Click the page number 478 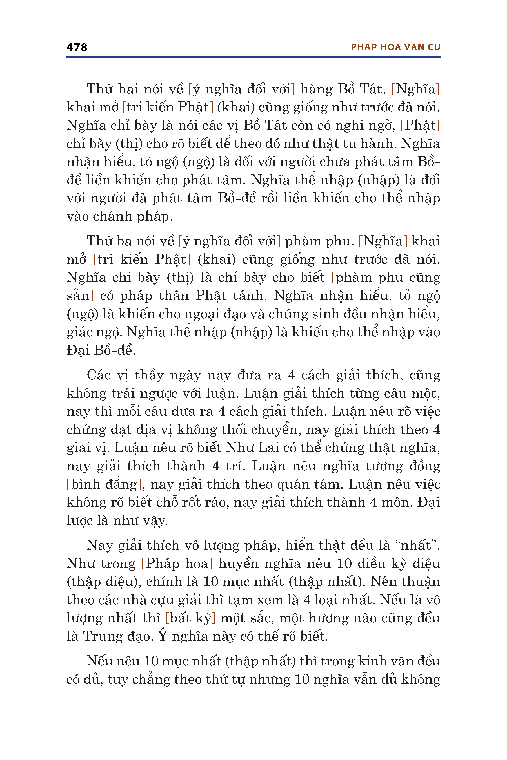77,47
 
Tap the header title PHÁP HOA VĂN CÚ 395,47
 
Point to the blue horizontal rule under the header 253,57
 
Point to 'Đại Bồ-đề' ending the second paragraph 101,350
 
